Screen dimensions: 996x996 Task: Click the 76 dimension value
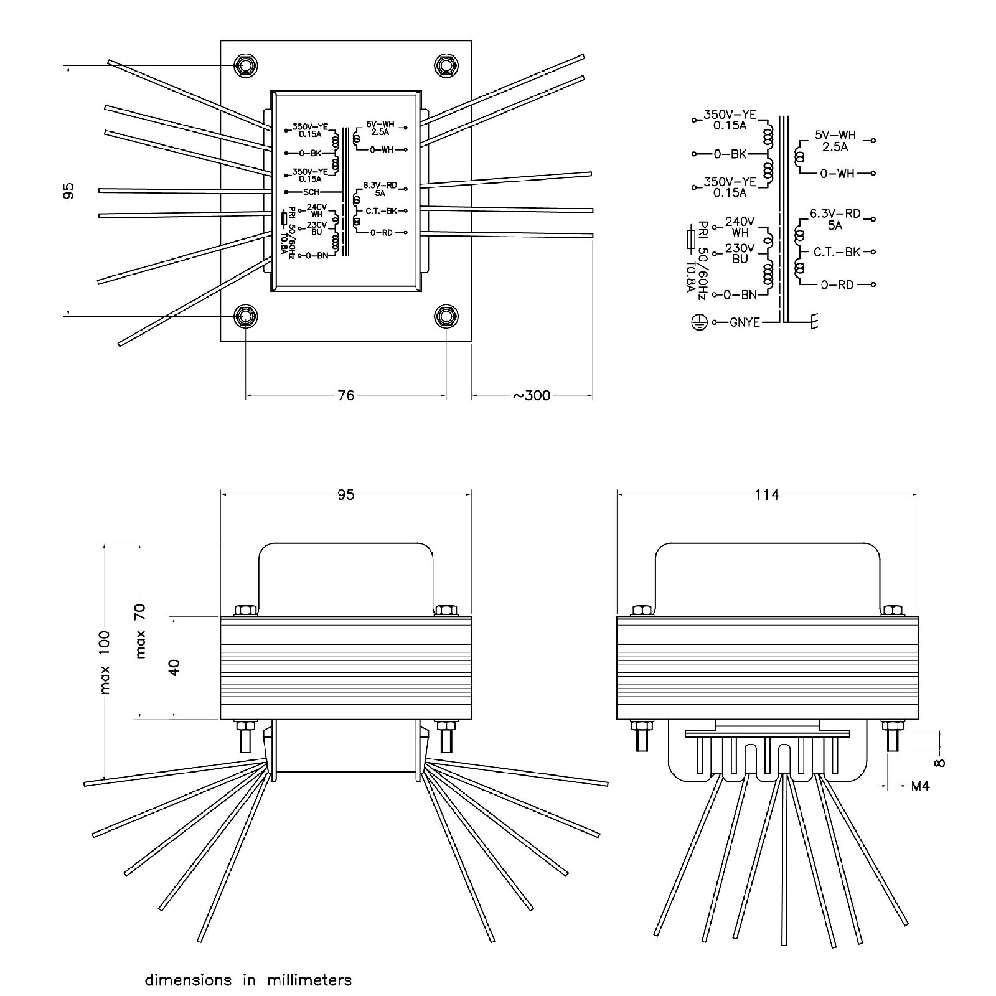(345, 395)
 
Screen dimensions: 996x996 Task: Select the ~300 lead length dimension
(532, 395)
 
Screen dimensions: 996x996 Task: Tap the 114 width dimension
(766, 494)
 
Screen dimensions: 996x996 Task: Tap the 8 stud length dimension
(939, 763)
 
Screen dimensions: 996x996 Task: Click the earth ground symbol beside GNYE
(699, 322)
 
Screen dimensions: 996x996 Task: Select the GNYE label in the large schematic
(745, 322)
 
